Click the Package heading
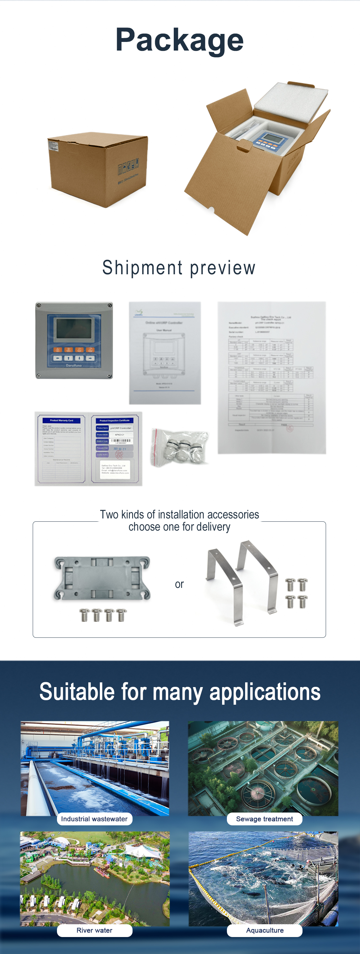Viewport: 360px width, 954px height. point(180,40)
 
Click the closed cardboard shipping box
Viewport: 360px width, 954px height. point(98,169)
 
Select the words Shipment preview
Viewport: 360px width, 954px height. point(179,268)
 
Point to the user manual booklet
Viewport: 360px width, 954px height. point(165,353)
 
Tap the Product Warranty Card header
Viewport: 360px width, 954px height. point(61,420)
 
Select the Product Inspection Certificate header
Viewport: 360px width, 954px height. point(115,420)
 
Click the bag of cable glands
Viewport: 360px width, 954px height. point(180,447)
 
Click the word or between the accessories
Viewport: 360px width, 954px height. point(179,584)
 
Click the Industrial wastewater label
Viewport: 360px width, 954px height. point(94,819)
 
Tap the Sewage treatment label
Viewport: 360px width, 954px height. point(264,819)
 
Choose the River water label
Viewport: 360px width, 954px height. point(94,930)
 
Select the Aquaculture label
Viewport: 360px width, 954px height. point(265,930)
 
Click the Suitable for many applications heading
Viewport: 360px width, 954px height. point(180,692)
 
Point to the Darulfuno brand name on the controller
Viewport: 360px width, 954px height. point(74,365)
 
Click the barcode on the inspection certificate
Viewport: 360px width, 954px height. point(121,440)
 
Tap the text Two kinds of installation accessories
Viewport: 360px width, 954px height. point(179,514)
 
